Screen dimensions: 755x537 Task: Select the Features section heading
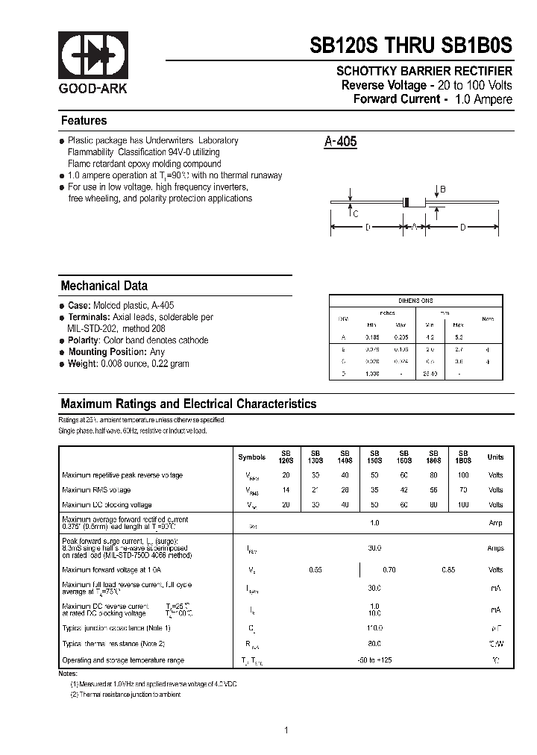point(84,121)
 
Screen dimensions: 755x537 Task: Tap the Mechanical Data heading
point(104,286)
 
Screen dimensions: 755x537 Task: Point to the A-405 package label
point(341,142)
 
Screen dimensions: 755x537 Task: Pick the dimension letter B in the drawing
point(442,189)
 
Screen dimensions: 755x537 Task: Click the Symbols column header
point(251,457)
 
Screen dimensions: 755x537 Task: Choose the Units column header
point(495,457)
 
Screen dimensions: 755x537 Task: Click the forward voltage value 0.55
point(315,570)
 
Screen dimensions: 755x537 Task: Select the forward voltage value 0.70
point(389,570)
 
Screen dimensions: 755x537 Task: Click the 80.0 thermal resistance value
point(374,642)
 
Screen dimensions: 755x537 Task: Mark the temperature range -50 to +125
point(374,660)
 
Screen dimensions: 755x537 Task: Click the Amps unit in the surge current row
point(495,548)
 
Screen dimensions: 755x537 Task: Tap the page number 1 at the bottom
point(286,730)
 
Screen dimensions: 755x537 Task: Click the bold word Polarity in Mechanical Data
point(84,340)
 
